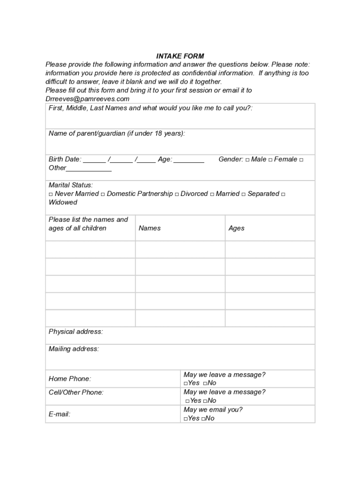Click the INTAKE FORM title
[180, 56]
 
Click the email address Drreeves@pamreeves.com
[87, 99]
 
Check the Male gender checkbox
[247, 160]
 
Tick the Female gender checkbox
[270, 160]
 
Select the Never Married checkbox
[50, 194]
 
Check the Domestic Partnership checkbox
[102, 194]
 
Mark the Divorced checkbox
[177, 194]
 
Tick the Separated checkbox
[243, 194]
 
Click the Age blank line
[188, 160]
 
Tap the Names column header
[150, 228]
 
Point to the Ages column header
[237, 228]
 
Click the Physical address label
[76, 332]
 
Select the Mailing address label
[74, 349]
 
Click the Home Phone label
[70, 378]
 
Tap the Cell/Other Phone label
[76, 392]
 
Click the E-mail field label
[59, 414]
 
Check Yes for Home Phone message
[186, 384]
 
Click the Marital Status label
[71, 185]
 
